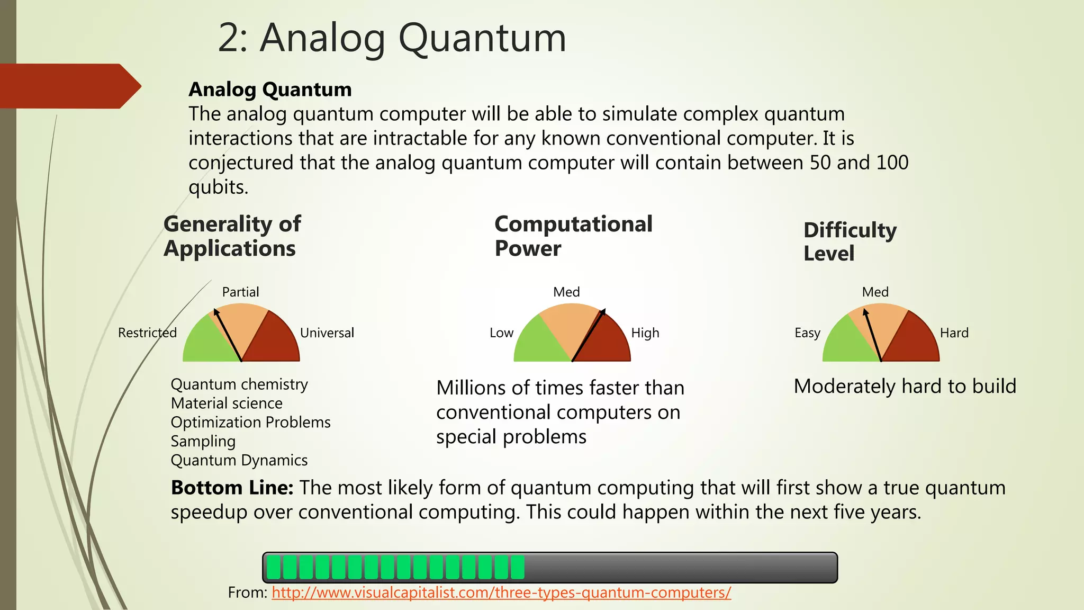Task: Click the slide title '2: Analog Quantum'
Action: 392,38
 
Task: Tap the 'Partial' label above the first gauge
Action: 240,292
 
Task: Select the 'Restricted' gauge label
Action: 147,333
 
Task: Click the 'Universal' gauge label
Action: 327,333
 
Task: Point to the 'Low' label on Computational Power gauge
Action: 501,333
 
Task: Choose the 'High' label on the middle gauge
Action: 645,333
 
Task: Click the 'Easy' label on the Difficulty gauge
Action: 807,333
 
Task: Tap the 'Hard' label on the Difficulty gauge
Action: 954,333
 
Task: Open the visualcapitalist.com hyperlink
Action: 501,592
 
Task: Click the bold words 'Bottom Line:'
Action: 232,488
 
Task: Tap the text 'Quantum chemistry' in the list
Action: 239,384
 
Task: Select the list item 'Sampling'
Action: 203,441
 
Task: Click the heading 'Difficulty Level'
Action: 850,241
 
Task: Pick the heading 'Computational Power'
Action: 573,236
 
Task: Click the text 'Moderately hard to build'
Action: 905,386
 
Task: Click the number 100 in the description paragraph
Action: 892,163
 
